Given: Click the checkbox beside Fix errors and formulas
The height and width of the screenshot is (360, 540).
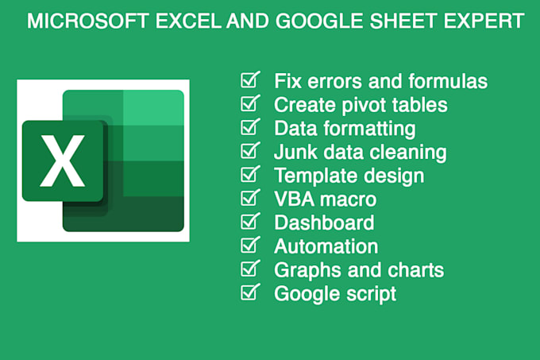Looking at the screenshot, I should tap(249, 81).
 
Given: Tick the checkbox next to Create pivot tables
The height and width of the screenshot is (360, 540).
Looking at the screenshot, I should tap(249, 104).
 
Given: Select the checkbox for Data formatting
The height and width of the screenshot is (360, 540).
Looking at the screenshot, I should tap(249, 128).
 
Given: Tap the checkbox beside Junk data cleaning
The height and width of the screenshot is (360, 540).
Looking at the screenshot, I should tap(249, 152).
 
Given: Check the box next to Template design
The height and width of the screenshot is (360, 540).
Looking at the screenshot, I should tap(249, 175).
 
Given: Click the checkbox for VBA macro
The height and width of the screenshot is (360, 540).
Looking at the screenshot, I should tap(249, 199).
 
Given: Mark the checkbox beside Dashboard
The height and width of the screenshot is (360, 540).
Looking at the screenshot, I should tap(249, 223).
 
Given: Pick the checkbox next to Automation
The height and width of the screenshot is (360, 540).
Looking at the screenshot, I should tap(249, 246).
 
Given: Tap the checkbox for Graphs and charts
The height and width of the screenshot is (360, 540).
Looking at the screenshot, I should tap(249, 269).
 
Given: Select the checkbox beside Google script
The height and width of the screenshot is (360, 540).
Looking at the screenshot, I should tap(249, 293).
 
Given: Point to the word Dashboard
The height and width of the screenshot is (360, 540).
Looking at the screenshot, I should tap(324, 223).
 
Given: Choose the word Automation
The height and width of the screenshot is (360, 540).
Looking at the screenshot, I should tap(326, 246).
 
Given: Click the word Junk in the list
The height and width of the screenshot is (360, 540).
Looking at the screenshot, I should tap(294, 152).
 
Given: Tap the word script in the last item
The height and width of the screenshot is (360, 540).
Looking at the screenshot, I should tap(369, 294).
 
